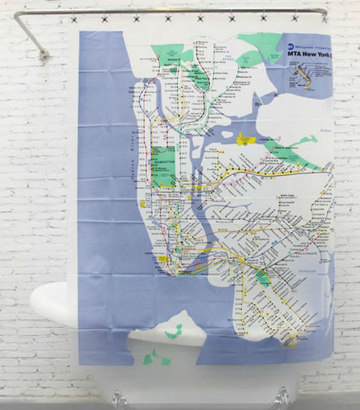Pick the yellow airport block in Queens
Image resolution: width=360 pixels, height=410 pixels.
[x=244, y=138]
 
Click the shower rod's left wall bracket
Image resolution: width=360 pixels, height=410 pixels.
[x=43, y=53]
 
